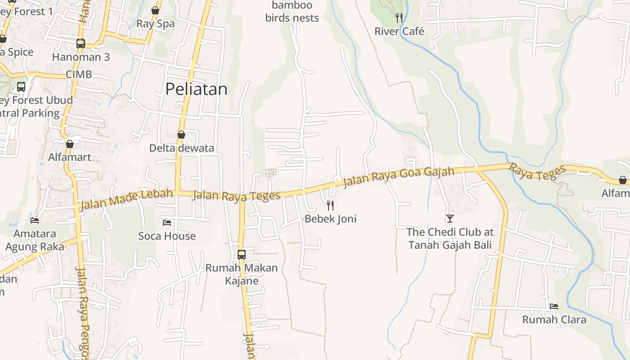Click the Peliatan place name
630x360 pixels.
coord(196,89)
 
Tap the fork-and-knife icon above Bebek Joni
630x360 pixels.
coord(330,206)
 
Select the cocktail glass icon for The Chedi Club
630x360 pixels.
coord(450,219)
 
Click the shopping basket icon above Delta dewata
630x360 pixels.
coord(181,135)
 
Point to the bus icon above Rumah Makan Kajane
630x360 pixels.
coord(242,254)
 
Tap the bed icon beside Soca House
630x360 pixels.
coord(167,222)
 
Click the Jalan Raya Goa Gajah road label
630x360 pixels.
coord(398,176)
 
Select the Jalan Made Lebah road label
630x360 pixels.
coord(126,199)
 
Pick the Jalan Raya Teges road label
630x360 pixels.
coord(236,195)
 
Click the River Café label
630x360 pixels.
coord(399,31)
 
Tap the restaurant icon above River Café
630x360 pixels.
coord(399,18)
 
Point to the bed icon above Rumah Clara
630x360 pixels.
coord(554,306)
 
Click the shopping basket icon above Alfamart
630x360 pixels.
coord(70,144)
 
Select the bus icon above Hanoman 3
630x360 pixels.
coord(81,44)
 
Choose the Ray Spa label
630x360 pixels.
coord(155,24)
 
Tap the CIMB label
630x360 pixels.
coord(79,74)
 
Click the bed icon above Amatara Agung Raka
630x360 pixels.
coord(35,220)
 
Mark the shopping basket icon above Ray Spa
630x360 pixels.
coord(155,10)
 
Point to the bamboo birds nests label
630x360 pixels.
coord(292,12)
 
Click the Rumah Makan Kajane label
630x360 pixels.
coord(242,274)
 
